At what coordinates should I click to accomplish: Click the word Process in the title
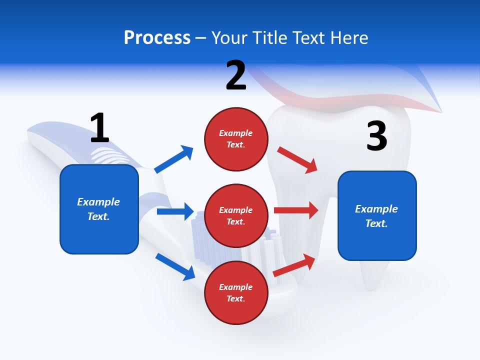point(157,38)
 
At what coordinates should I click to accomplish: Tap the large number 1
point(99,128)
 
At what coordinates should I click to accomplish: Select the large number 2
point(236,75)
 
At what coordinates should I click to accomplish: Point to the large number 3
point(377,136)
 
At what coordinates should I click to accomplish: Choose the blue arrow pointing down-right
point(175,266)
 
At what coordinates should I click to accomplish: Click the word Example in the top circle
point(236,133)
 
